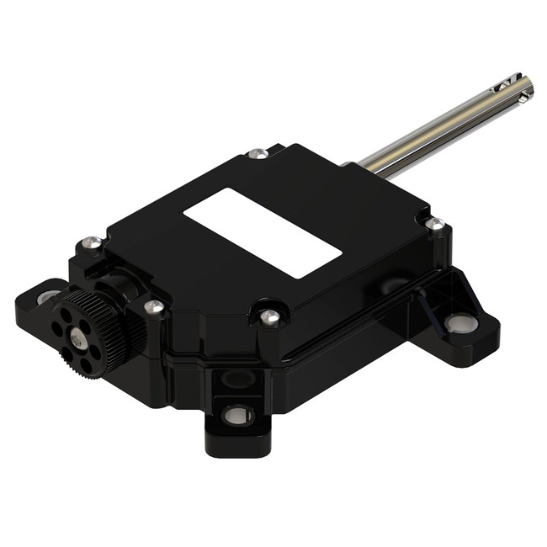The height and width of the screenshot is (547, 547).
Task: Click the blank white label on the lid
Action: click(262, 232)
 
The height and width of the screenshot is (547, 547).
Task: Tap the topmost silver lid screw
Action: click(260, 154)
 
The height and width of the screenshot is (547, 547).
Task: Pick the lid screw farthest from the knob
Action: click(434, 224)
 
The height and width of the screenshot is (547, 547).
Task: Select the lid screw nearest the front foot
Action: click(269, 317)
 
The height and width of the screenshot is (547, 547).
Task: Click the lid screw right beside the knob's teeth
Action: click(153, 308)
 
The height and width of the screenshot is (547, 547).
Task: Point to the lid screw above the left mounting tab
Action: click(93, 243)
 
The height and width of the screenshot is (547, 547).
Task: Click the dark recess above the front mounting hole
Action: click(238, 380)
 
